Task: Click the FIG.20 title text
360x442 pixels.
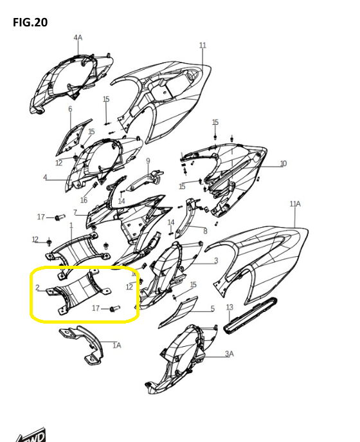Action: (x=30, y=23)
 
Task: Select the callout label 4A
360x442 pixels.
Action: (x=78, y=37)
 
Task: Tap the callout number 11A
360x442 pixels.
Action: (x=295, y=203)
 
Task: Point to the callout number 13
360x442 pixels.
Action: (x=230, y=307)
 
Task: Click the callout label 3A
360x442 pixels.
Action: (x=230, y=353)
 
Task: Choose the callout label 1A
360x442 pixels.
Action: (x=117, y=345)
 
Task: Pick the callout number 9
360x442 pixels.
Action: (x=148, y=161)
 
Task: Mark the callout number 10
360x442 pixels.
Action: (x=283, y=163)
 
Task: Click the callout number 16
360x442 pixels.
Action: (x=84, y=200)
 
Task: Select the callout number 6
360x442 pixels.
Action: (x=70, y=109)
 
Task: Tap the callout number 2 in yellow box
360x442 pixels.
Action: (x=37, y=288)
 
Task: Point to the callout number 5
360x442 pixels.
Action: (x=212, y=309)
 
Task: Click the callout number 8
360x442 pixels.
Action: (x=205, y=231)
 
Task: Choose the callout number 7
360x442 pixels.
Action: (x=75, y=212)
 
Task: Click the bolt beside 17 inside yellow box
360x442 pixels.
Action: (x=115, y=308)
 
